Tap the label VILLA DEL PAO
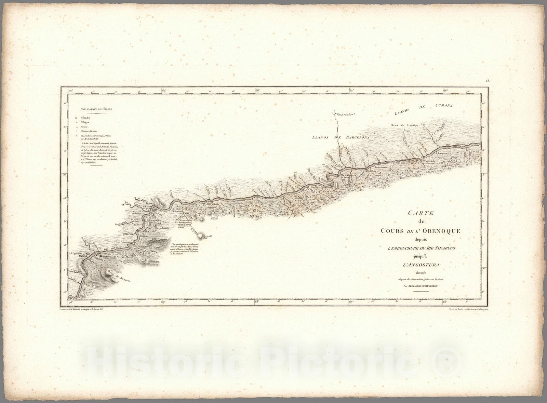point(345,114)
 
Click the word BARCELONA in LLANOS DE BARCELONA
point(355,137)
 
